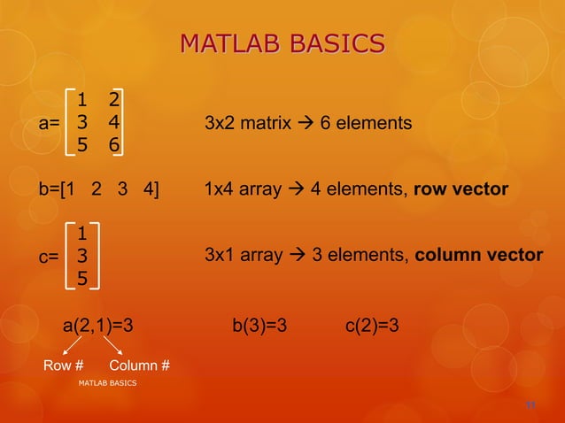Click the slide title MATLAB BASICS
pyautogui.click(x=282, y=43)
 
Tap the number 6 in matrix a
pyautogui.click(x=114, y=145)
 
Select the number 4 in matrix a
pyautogui.click(x=114, y=122)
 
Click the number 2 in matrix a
pyautogui.click(x=114, y=98)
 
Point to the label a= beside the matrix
pyautogui.click(x=49, y=123)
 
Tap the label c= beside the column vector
pyautogui.click(x=49, y=257)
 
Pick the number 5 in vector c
pyautogui.click(x=81, y=279)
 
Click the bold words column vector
pyautogui.click(x=479, y=256)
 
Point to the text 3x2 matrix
pyautogui.click(x=247, y=123)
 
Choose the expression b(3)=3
pyautogui.click(x=259, y=326)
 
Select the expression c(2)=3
pyautogui.click(x=371, y=326)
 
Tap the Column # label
pyautogui.click(x=140, y=365)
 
